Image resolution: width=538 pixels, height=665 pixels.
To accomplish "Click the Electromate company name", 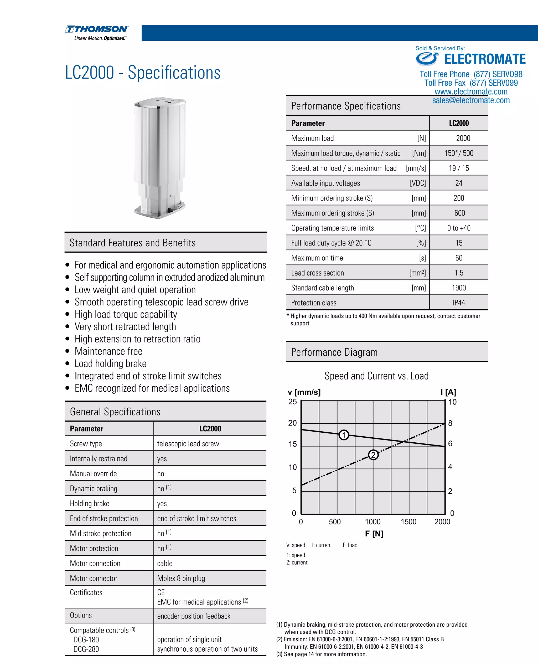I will point(485,59).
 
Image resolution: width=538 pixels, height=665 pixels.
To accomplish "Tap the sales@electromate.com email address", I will point(471,100).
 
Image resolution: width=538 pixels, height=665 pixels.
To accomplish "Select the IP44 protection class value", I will point(459,303).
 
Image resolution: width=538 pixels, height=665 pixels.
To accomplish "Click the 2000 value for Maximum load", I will point(463,138).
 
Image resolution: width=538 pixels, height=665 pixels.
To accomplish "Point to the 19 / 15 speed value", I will point(459,168).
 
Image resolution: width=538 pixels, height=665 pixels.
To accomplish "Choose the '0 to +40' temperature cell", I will point(459,228).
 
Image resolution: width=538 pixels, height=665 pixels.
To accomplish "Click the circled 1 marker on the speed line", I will point(344,435).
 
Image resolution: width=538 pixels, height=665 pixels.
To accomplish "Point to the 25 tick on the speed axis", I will point(293,402).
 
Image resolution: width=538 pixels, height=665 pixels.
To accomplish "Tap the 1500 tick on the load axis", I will point(408,522).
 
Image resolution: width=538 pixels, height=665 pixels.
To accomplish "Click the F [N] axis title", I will point(374,534).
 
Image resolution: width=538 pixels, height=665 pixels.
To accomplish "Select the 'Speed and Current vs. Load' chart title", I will point(376,376).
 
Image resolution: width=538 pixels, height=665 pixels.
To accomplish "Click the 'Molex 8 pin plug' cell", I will point(181,579).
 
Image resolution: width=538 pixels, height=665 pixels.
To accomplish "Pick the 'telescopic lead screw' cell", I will point(188,444).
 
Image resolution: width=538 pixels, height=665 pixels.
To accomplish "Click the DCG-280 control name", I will point(86,649).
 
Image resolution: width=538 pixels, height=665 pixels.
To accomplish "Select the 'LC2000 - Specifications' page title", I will point(143,73).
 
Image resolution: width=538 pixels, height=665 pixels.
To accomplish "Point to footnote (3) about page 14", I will point(321,654).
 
